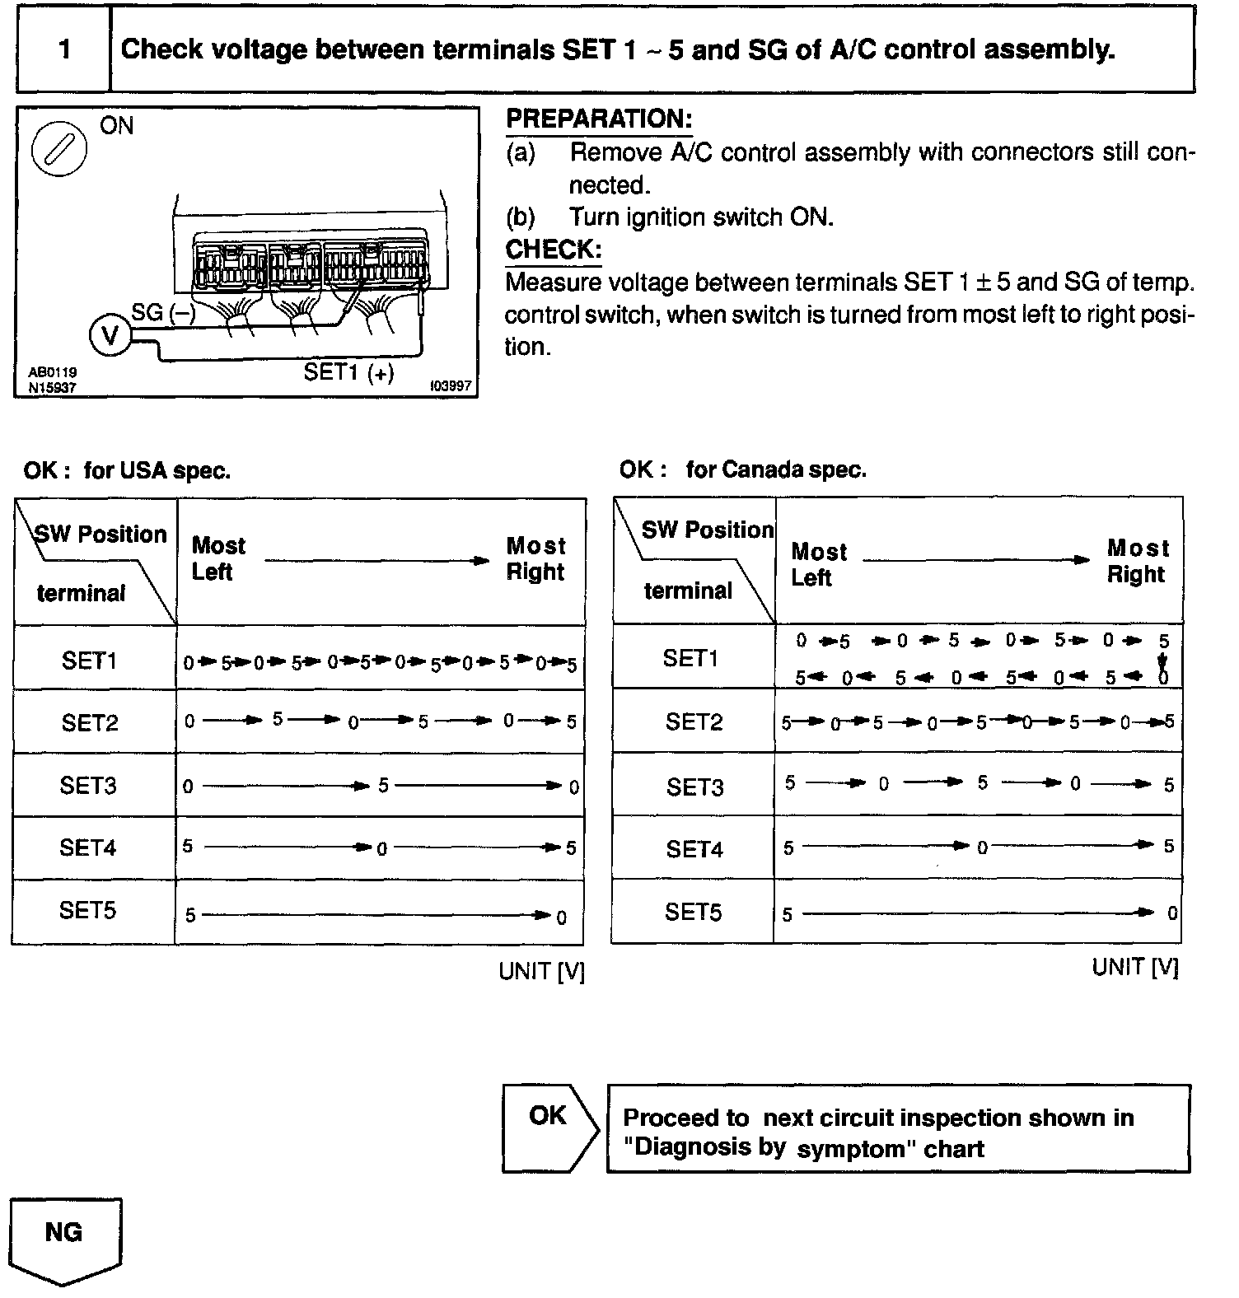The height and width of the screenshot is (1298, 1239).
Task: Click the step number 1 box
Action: tap(63, 49)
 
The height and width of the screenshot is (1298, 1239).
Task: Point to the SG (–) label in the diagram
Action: tap(163, 312)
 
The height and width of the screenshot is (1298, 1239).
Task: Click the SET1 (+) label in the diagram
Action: tap(348, 372)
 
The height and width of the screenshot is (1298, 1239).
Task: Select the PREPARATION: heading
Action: tap(598, 119)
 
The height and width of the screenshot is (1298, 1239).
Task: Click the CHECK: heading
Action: tap(553, 250)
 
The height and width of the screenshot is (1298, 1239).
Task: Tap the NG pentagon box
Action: tap(64, 1236)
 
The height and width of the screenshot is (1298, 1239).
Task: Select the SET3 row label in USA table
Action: tap(87, 786)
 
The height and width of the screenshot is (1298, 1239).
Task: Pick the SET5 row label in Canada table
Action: tap(693, 912)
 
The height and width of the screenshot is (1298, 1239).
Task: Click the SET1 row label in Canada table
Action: tap(690, 658)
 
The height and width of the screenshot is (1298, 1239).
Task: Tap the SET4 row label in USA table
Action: tap(87, 847)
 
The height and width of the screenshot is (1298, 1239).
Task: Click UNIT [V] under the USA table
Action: tap(541, 972)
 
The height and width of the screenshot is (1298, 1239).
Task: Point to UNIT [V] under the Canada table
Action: tap(1135, 968)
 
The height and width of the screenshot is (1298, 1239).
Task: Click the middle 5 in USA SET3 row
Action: tap(383, 786)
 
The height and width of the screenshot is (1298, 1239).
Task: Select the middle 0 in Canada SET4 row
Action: tap(982, 848)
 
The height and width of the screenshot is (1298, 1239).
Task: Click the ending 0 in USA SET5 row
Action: tap(562, 917)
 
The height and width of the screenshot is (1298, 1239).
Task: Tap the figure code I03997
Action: tap(451, 386)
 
